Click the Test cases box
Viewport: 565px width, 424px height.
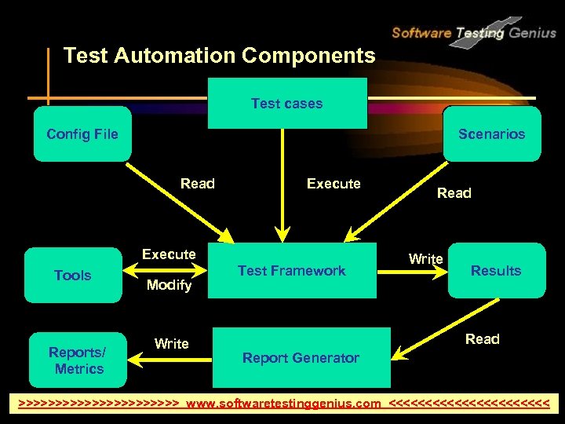pos(287,103)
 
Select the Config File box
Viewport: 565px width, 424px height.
pos(82,133)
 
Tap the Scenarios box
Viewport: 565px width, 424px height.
pos(492,133)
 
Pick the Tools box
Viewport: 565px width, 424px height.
pos(73,275)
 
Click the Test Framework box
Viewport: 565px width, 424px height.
pos(291,271)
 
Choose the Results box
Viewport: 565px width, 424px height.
pos(496,271)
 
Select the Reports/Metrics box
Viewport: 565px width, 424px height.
pos(78,360)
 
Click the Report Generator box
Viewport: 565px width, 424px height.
pos(301,358)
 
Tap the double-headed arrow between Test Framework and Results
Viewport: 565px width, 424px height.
pos(412,271)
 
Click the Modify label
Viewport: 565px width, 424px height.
pos(169,285)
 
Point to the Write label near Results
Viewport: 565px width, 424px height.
pos(426,258)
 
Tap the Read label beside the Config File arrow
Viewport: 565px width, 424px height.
pos(197,184)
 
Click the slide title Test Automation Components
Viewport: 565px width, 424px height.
pos(219,56)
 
